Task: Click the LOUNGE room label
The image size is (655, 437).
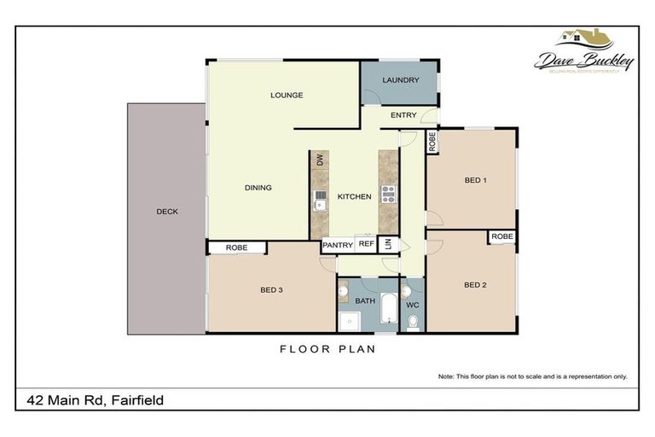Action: (x=287, y=95)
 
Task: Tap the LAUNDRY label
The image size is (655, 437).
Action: (x=400, y=80)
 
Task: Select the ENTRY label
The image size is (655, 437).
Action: (x=403, y=115)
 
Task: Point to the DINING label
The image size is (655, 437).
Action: (x=258, y=188)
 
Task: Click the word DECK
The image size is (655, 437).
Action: (x=167, y=212)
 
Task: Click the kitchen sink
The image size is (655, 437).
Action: (x=321, y=203)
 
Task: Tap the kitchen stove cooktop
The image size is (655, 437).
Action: (x=388, y=194)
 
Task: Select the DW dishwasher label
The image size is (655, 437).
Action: (x=320, y=160)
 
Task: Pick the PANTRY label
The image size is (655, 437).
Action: (x=338, y=245)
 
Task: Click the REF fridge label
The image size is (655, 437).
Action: (x=366, y=244)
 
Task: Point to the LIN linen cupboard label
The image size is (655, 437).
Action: (x=388, y=245)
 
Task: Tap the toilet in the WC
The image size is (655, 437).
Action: (x=413, y=321)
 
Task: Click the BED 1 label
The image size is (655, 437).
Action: (x=475, y=181)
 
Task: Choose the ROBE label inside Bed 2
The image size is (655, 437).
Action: (x=501, y=236)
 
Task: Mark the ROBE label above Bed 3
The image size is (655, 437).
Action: (x=237, y=248)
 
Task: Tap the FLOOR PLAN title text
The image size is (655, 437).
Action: (x=327, y=348)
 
